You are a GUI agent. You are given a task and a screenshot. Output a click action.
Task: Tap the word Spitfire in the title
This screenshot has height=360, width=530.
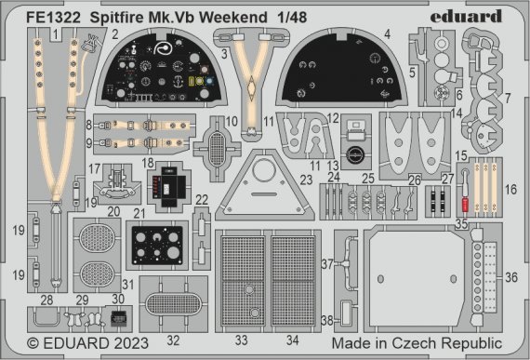pos(120,15)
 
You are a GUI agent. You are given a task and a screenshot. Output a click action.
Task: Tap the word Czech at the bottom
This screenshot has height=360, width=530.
pos(425,342)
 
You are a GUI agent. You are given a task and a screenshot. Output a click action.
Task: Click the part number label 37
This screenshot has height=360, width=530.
pos(328,264)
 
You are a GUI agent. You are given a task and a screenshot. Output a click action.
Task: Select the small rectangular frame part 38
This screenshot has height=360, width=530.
pos(346,315)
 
